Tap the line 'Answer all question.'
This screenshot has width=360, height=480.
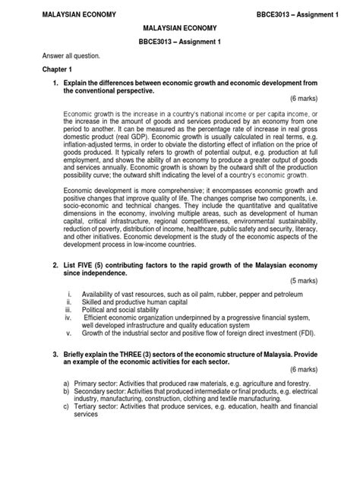coord(61,56)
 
